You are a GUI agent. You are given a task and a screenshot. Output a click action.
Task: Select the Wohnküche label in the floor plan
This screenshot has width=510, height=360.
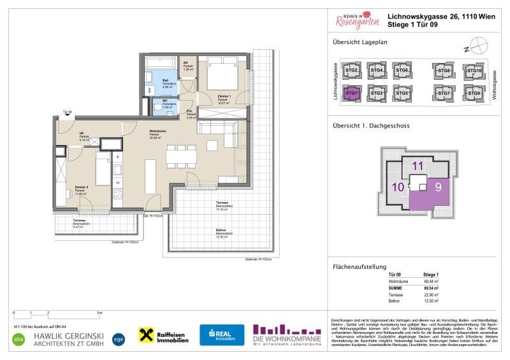coord(157,134)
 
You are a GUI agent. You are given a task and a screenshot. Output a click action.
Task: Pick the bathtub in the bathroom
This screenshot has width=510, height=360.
coord(161,64)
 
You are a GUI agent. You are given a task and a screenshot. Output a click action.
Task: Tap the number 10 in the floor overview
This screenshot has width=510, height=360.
coord(397,187)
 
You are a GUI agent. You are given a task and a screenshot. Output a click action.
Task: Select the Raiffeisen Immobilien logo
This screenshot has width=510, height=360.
coord(164,335)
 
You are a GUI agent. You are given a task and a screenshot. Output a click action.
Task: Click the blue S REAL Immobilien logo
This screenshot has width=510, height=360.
coord(222,335)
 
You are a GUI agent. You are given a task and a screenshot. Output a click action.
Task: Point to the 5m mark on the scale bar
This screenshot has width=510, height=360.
coord(98,313)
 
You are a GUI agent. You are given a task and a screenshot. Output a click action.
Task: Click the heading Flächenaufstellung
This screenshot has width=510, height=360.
coord(361,266)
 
